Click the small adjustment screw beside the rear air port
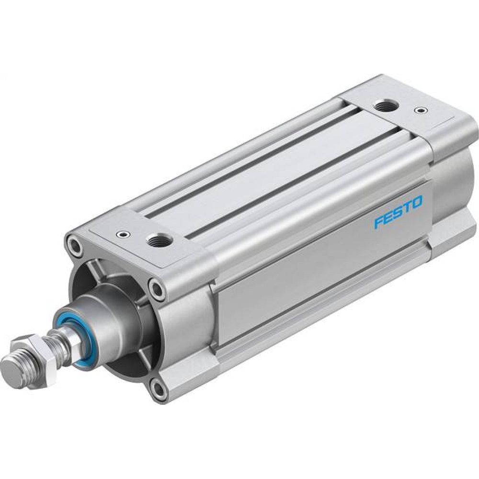[421, 111]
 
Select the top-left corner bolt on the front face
[75, 245]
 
